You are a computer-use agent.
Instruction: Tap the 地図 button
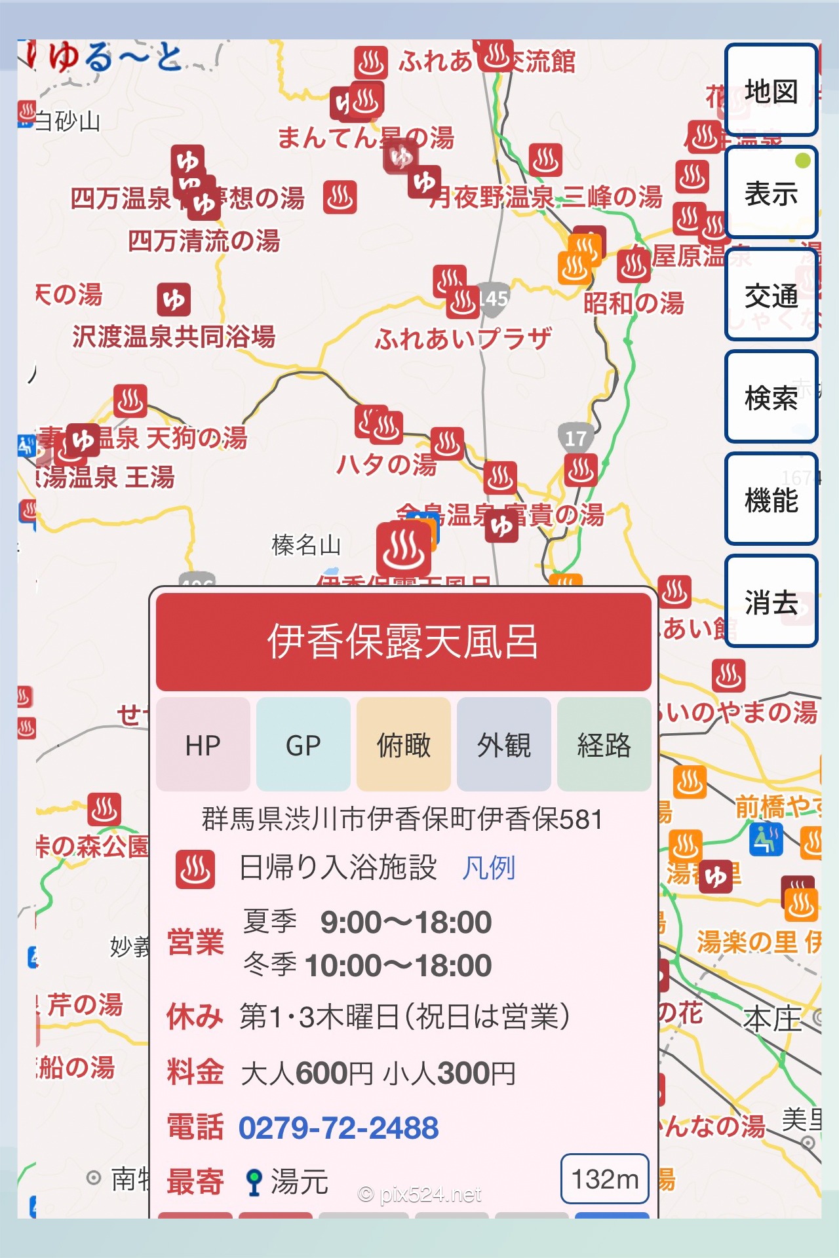[x=771, y=90]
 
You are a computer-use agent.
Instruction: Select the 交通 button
[x=771, y=295]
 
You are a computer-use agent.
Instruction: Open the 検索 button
[x=771, y=397]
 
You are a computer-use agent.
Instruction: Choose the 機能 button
[x=771, y=499]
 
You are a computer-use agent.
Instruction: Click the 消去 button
[x=771, y=601]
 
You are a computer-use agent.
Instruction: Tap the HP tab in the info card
[x=203, y=745]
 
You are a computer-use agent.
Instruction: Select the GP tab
[x=303, y=745]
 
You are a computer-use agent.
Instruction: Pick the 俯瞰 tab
[x=404, y=745]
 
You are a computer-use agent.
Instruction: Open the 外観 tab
[x=504, y=745]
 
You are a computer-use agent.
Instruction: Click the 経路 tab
[x=604, y=745]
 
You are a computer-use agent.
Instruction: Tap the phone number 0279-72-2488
[x=338, y=1128]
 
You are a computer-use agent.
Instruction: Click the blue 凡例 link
[x=489, y=868]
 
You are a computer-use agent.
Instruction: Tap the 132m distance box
[x=604, y=1179]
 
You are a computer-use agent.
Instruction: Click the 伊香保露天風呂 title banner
[x=403, y=641]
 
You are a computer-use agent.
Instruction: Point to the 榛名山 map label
[x=306, y=544]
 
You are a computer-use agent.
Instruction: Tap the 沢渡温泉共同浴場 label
[x=174, y=337]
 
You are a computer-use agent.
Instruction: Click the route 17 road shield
[x=576, y=438]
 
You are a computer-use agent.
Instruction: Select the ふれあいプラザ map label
[x=463, y=339]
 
